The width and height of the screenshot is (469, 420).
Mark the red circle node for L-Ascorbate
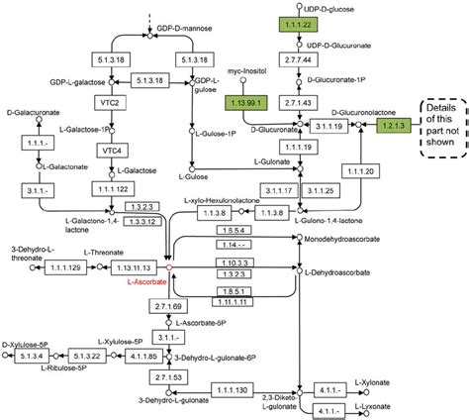pyautogui.click(x=169, y=267)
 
